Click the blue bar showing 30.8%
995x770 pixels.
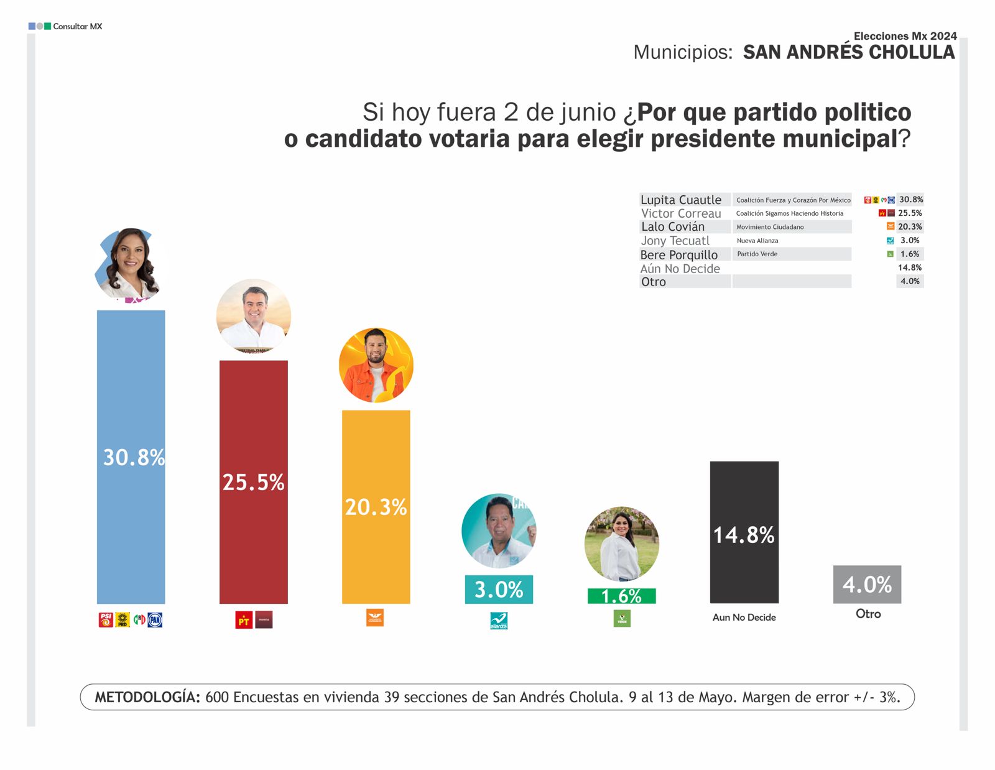click(x=131, y=457)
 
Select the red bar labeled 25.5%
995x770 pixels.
click(x=253, y=482)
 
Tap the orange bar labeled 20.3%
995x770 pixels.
click(x=376, y=507)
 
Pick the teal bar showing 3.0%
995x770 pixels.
click(x=499, y=589)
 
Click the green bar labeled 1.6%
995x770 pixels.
click(x=621, y=596)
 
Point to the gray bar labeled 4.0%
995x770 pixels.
click(x=867, y=584)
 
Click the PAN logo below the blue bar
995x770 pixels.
click(x=155, y=619)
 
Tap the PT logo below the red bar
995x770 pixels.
click(x=244, y=620)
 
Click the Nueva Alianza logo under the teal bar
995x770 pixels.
click(x=499, y=621)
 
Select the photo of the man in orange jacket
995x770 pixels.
click(x=376, y=365)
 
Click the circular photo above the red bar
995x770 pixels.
click(x=253, y=316)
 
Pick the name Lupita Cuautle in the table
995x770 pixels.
click(x=681, y=200)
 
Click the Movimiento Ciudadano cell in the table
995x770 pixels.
click(x=770, y=227)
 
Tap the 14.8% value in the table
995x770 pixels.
click(x=909, y=267)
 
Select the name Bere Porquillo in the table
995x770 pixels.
click(x=679, y=254)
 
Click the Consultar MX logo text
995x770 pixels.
click(x=77, y=26)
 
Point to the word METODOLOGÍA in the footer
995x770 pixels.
click(x=147, y=697)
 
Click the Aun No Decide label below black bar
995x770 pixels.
click(x=744, y=617)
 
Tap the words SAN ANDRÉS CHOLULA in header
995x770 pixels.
click(x=848, y=52)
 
